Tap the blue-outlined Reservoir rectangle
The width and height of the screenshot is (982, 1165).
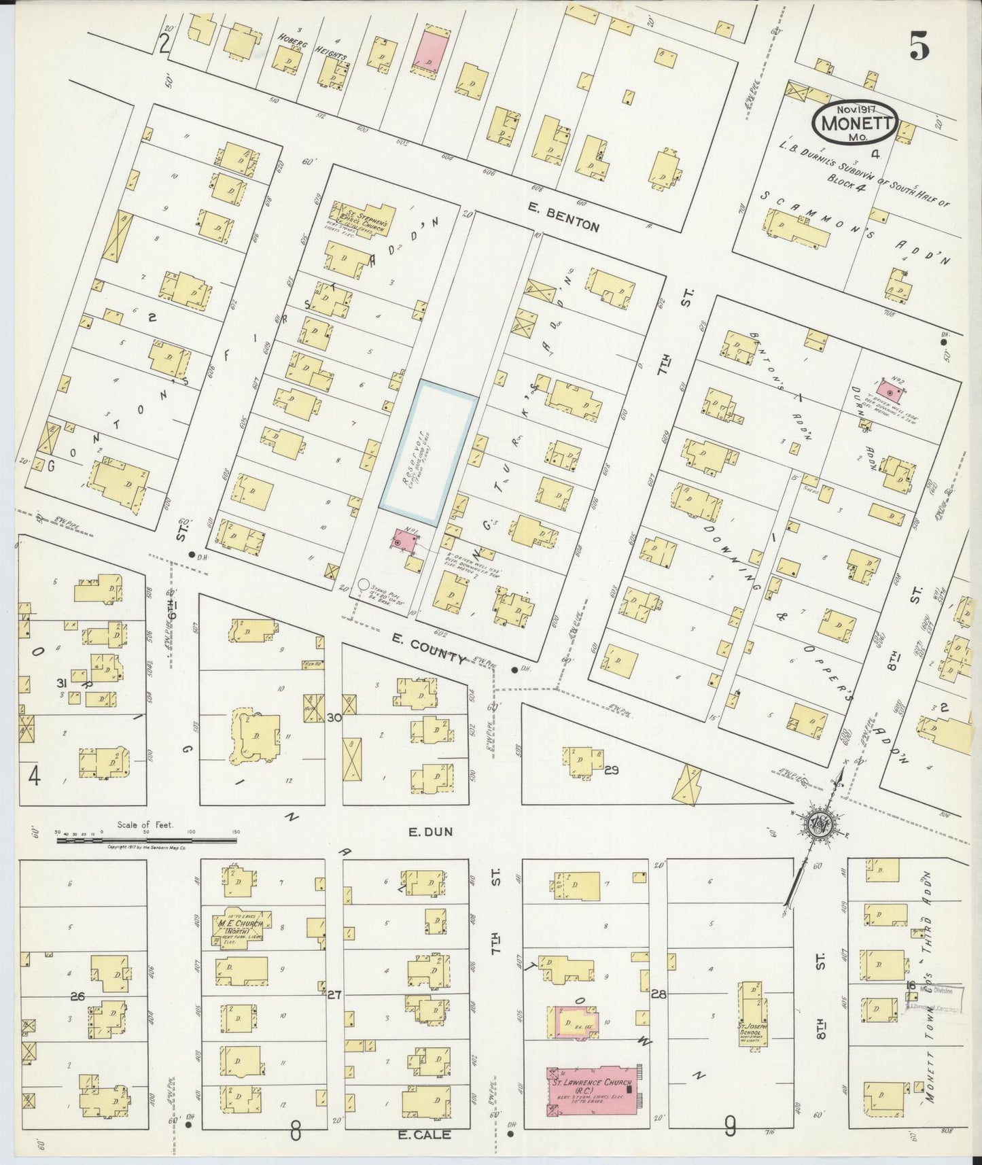tap(427, 446)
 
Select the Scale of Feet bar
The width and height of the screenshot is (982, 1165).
tap(146, 840)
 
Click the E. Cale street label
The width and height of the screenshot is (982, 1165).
tap(424, 1134)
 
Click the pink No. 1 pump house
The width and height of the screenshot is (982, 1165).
tap(404, 541)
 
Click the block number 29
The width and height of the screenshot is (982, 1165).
tap(612, 770)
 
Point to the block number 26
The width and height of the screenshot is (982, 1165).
tap(77, 996)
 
